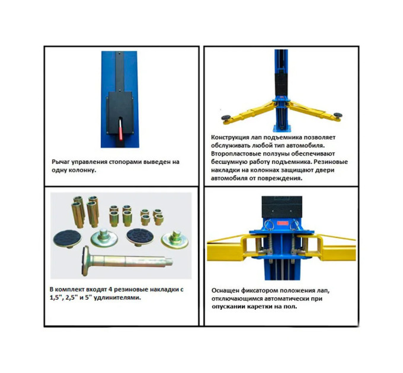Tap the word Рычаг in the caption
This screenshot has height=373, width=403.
[60, 162]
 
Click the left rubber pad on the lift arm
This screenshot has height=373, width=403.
[226, 118]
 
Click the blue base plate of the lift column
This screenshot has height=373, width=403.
[281, 128]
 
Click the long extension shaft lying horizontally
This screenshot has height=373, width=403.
[127, 261]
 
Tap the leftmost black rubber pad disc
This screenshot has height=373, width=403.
[67, 239]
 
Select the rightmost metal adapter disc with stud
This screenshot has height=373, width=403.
[174, 239]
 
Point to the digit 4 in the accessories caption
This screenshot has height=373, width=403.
[110, 290]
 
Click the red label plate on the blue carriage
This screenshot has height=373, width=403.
[283, 223]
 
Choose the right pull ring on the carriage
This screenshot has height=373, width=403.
[295, 225]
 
